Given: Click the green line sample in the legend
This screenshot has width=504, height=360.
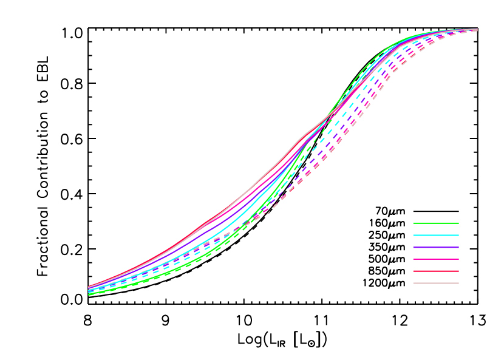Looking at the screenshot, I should point(435,223).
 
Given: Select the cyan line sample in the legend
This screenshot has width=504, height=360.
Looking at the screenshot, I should point(435,235).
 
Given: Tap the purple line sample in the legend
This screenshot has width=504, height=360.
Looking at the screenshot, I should point(435,247).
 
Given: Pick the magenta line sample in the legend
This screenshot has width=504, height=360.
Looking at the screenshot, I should point(435,259).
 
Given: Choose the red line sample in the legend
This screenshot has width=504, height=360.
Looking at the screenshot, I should point(435,271).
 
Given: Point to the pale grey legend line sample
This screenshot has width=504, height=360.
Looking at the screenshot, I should point(435,283).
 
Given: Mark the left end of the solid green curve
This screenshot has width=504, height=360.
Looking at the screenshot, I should point(89,294).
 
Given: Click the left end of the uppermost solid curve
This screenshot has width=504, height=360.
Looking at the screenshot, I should point(89,287).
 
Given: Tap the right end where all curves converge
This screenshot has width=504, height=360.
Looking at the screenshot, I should point(477,29).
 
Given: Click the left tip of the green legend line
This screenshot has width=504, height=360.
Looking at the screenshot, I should point(414,223).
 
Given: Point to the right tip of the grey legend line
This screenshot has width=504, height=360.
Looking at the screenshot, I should point(458,283).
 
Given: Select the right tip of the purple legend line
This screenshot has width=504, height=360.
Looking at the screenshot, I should point(458,247).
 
